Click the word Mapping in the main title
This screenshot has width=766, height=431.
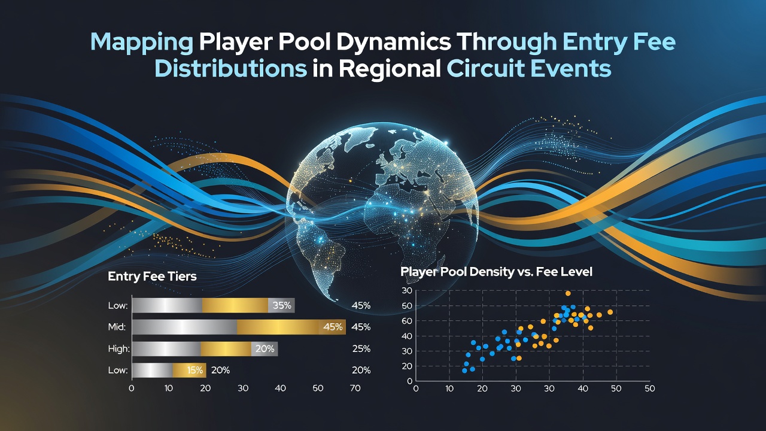tap(142, 43)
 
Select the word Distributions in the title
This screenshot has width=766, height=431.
tap(231, 68)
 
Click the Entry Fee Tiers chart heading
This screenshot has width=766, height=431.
tap(152, 277)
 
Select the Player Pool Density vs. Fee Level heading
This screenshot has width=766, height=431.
tap(496, 272)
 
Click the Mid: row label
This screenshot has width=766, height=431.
tap(117, 327)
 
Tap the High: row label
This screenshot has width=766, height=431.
tap(118, 348)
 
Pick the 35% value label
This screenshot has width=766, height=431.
tap(282, 305)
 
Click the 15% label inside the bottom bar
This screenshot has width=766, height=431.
tap(195, 370)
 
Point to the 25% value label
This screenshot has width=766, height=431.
tap(361, 348)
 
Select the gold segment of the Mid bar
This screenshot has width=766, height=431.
tap(291, 327)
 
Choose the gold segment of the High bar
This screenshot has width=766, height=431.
tap(226, 348)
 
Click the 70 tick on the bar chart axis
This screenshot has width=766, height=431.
tap(355, 388)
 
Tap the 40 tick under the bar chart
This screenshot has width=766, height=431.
tap(280, 388)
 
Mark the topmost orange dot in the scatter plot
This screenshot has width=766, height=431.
tap(568, 293)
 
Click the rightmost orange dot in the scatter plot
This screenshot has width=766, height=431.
tap(610, 312)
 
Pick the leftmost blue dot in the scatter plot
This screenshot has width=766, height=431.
tap(464, 371)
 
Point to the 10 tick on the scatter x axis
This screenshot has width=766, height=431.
tap(449, 389)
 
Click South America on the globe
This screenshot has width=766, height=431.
tap(320, 250)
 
